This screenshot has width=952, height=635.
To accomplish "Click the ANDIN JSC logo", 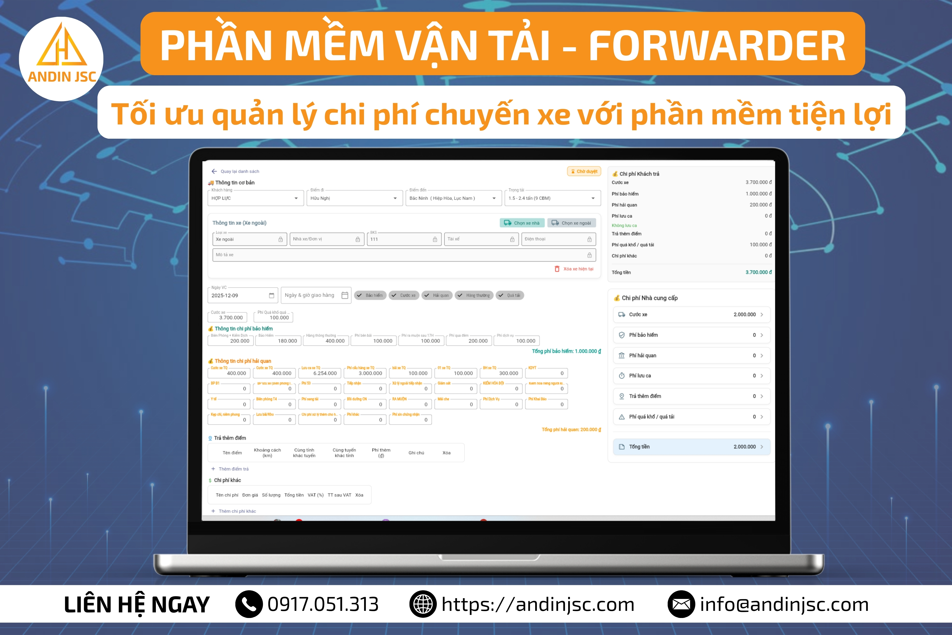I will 61,59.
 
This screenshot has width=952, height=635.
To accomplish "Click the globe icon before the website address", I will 423,604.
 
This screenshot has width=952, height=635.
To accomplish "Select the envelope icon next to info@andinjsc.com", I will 681,604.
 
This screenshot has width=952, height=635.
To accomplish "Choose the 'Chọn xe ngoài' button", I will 571,223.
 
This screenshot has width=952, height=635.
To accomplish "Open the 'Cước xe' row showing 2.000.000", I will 691,314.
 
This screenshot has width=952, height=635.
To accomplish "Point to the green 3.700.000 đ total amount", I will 758,272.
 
